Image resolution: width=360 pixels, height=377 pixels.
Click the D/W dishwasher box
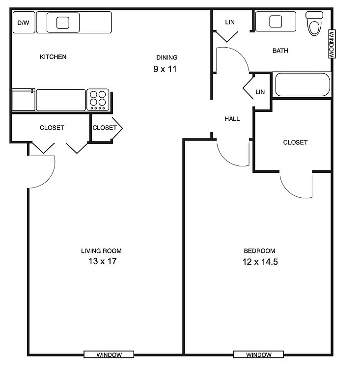[24, 23]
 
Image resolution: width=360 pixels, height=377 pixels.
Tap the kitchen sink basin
[63, 23]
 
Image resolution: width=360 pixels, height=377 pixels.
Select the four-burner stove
[98, 100]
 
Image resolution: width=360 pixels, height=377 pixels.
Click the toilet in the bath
[314, 24]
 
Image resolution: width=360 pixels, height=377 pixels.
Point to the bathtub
[303, 84]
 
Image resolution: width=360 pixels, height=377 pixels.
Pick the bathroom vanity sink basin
[276, 22]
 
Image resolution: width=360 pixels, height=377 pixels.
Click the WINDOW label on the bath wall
[332, 44]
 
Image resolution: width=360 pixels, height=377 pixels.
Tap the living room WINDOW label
[109, 354]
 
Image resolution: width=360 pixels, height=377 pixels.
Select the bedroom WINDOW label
[259, 354]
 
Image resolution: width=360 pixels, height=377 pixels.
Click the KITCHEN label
[53, 57]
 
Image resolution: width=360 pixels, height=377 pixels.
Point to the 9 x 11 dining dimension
[165, 69]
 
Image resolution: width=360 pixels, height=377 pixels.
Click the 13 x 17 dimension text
[103, 261]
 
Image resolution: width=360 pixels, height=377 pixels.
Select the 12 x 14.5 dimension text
[260, 262]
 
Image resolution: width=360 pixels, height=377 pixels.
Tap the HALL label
[232, 119]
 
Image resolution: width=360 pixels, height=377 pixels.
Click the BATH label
[280, 51]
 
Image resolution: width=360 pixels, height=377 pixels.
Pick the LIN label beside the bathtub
[260, 92]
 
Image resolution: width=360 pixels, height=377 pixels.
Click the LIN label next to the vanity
[230, 22]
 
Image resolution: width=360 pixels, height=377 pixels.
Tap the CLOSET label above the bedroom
[295, 142]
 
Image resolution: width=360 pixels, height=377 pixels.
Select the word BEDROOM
[259, 251]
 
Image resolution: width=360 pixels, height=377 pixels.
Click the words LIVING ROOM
[101, 251]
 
